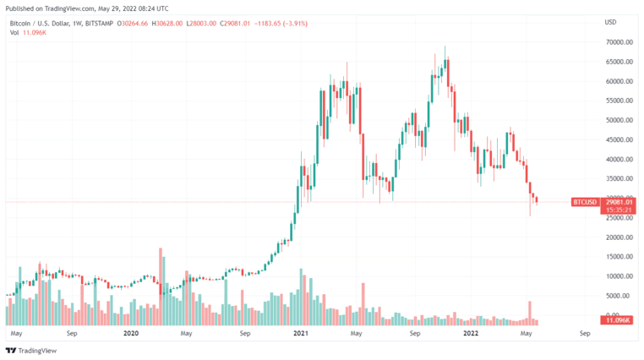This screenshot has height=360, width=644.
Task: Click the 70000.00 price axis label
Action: (619, 42)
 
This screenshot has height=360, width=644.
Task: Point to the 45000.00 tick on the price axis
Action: (619, 139)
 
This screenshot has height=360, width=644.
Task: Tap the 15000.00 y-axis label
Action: (619, 257)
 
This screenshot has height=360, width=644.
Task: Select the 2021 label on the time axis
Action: (301, 333)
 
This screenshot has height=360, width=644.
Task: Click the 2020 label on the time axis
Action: (131, 333)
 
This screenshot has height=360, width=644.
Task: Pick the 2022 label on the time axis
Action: (471, 333)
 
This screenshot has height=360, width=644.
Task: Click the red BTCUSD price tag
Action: (585, 202)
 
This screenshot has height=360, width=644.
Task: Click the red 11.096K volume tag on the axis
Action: (617, 319)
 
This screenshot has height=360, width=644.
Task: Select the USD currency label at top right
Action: (610, 22)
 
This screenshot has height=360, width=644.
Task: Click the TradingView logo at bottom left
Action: (31, 351)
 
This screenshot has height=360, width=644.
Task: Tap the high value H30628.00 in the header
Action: (167, 24)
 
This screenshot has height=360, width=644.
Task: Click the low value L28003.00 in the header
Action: (201, 24)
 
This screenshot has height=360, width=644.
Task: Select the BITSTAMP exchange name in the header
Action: (100, 24)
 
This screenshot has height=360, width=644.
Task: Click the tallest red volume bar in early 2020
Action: (161, 286)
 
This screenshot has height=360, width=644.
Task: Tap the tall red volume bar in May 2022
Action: (530, 314)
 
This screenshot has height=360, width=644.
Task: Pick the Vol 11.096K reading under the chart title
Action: (28, 32)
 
